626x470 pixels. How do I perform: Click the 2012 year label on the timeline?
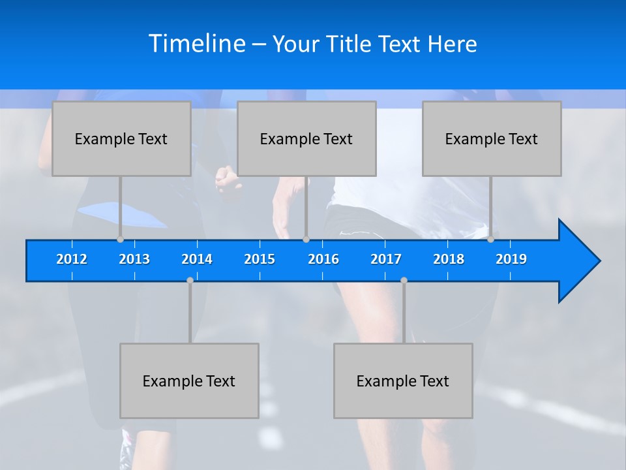(72, 259)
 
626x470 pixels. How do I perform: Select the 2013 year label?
(134, 259)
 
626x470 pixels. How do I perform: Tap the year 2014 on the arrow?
(197, 259)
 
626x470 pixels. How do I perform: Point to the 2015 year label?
(260, 259)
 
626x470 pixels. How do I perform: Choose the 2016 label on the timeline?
(323, 259)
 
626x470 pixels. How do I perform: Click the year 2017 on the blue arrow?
(386, 259)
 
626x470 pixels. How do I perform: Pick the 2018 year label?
(449, 259)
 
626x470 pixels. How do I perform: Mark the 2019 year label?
(511, 259)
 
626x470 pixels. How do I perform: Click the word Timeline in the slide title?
(197, 44)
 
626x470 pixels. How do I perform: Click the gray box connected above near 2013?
(121, 138)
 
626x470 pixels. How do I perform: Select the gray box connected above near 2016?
(306, 138)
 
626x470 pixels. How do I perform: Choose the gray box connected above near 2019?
(492, 138)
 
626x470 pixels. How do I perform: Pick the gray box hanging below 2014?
(189, 381)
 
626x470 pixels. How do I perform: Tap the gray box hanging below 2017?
(403, 381)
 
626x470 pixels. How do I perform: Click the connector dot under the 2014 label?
(190, 280)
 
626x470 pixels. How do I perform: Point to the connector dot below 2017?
(404, 280)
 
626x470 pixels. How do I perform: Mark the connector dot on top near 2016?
(306, 239)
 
